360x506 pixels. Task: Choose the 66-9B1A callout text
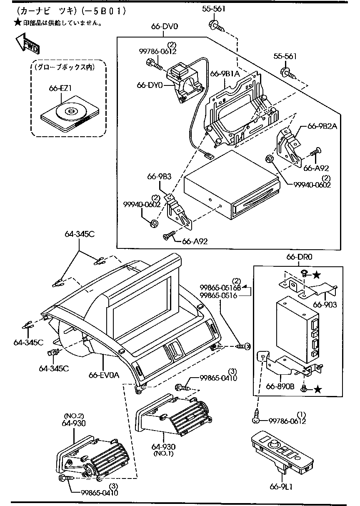pos(225,74)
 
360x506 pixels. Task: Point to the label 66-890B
pos(280,386)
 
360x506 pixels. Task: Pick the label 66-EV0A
pos(104,375)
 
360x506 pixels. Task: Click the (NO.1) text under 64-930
pos(162,453)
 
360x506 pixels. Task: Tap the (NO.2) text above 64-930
pos(74,416)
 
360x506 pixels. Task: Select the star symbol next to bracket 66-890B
pos(317,389)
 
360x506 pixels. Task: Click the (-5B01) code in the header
pos(104,10)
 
